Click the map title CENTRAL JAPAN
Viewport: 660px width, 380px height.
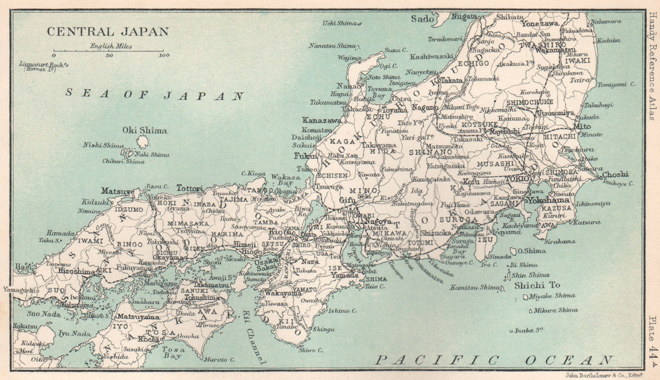(107, 31)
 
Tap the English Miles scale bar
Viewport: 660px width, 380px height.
(109, 51)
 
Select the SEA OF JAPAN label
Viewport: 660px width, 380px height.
(155, 94)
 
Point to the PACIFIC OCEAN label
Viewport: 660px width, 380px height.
(494, 360)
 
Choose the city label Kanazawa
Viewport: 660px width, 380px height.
(321, 121)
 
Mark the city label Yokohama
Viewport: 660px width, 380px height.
(539, 200)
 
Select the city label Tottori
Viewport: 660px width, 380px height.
(189, 188)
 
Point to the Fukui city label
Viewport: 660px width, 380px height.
(306, 156)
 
